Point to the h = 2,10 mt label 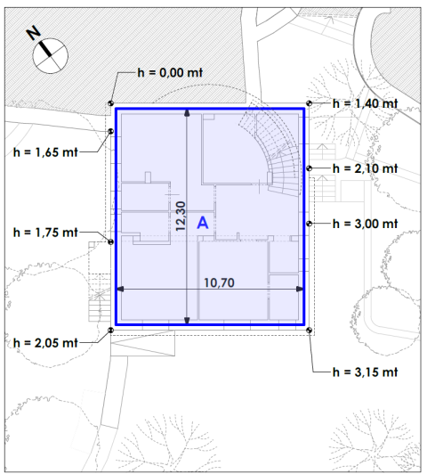tap(365, 168)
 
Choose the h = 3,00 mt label tap(365, 224)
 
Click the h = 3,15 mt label tap(365, 370)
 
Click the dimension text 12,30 tap(181, 217)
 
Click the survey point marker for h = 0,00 tap(111, 103)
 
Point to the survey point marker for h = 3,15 tap(309, 331)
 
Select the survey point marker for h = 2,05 tap(111, 331)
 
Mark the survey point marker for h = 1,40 tap(309, 103)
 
